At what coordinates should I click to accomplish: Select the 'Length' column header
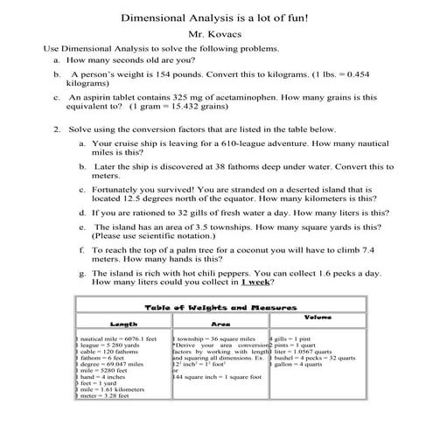click(x=122, y=323)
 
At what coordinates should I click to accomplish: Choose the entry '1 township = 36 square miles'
click(x=215, y=337)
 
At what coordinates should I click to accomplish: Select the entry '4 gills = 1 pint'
click(x=294, y=337)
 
